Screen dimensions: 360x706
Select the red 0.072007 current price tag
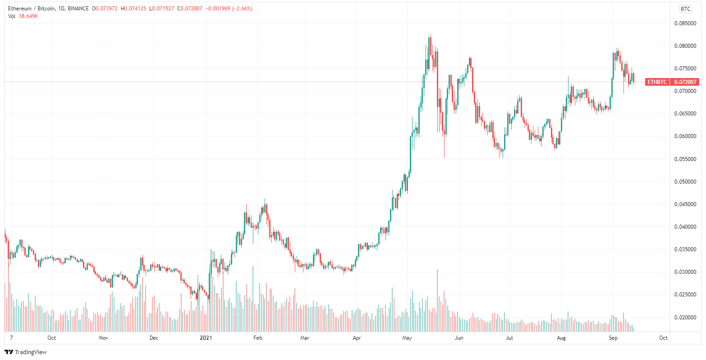click(686, 82)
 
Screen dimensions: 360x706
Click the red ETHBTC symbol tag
click(657, 82)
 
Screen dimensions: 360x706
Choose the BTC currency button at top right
click(685, 9)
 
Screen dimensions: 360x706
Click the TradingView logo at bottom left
click(26, 352)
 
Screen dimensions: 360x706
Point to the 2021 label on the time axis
click(206, 337)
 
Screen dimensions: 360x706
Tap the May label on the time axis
click(408, 337)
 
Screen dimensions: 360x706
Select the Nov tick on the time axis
click(104, 337)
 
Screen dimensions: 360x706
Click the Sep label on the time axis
click(613, 337)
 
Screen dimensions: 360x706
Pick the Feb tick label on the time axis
click(257, 337)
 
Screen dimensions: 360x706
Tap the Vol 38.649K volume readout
click(23, 16)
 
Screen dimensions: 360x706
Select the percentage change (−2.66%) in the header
click(242, 9)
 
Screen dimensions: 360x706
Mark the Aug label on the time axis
click(561, 337)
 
